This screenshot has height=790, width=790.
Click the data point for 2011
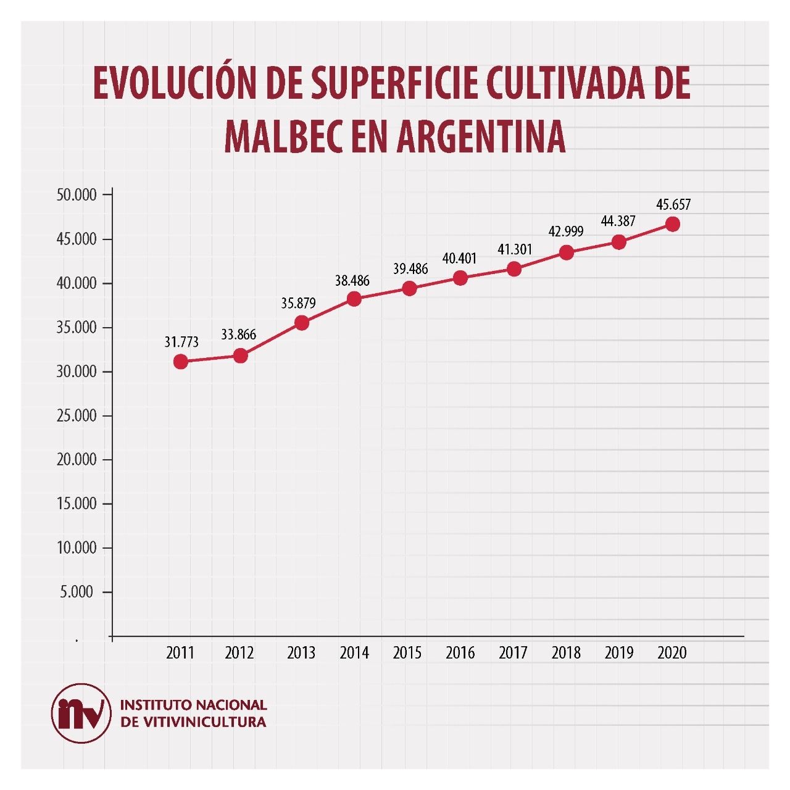click(x=181, y=362)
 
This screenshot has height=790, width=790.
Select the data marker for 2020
click(x=673, y=224)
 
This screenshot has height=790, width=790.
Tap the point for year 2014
click(x=354, y=299)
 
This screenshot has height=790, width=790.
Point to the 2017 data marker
click(x=513, y=269)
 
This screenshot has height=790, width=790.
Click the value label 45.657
click(x=673, y=204)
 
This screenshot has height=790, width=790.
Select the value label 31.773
click(x=181, y=341)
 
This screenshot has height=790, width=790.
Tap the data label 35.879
click(x=298, y=303)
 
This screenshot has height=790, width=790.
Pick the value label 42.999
click(x=566, y=232)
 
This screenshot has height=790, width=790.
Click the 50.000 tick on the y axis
click(x=77, y=195)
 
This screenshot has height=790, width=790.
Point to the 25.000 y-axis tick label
click(x=77, y=416)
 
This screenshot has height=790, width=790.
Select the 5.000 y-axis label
click(x=77, y=592)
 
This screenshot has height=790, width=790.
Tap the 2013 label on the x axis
click(x=301, y=653)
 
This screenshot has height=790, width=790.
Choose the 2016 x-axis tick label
click(x=460, y=653)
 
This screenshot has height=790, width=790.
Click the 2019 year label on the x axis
click(x=619, y=653)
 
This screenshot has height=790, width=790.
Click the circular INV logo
click(x=81, y=713)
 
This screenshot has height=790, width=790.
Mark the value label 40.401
click(x=460, y=258)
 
